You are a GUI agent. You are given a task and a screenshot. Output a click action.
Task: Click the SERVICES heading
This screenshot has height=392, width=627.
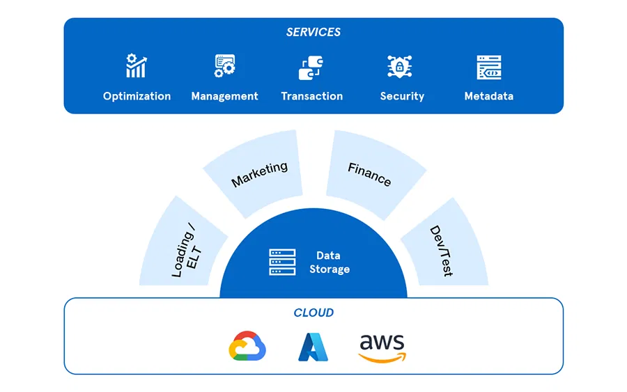313,32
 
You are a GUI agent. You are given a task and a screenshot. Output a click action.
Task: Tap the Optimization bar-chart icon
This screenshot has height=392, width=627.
136,66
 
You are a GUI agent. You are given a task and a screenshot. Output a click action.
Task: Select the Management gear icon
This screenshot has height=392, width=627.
224,66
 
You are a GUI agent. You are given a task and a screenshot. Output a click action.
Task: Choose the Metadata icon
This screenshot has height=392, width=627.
489,68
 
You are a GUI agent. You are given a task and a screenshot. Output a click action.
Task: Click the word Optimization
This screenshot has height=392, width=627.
137,96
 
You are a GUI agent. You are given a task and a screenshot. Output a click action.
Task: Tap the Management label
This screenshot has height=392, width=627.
224,96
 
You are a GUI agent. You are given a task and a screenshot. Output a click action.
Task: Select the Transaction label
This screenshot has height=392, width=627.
311,96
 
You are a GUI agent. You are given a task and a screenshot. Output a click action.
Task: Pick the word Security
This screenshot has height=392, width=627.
402,96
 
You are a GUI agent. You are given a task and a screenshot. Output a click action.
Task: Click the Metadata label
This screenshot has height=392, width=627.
489,96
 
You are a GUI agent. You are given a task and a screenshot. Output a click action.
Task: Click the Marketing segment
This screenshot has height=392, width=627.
258,173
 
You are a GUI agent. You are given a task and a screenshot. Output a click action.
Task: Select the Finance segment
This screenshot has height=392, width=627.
370,173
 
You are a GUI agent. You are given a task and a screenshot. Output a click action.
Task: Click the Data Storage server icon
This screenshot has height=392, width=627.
282,262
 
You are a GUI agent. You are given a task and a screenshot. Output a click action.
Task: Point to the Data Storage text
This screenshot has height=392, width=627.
329,262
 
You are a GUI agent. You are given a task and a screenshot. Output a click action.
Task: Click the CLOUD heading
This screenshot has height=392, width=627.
313,313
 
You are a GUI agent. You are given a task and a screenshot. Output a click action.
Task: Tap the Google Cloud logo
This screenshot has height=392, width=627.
248,347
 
